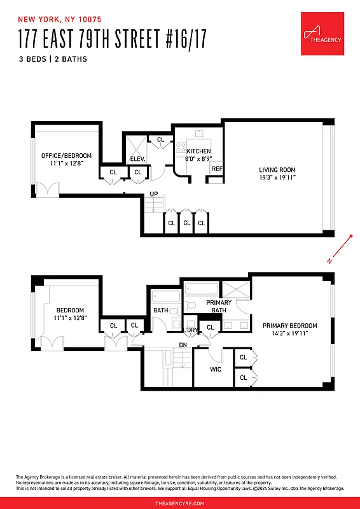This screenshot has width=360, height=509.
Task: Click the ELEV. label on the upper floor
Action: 138,158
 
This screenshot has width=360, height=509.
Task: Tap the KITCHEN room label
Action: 197,151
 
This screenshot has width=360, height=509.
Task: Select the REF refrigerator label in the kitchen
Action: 216,169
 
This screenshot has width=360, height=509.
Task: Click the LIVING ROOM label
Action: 277,170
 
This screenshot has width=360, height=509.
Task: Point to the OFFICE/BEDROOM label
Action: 66,156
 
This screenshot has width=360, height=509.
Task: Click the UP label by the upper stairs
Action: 154,193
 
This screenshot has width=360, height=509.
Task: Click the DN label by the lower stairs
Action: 183,345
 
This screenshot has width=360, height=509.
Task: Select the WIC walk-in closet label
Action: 216,369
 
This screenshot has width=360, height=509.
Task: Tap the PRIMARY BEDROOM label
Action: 289,326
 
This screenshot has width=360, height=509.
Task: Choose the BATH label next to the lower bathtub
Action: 160,310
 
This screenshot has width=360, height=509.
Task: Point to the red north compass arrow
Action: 339,250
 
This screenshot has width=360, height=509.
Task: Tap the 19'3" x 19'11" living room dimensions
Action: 277,178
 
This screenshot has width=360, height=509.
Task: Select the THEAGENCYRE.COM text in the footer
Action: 180,503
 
